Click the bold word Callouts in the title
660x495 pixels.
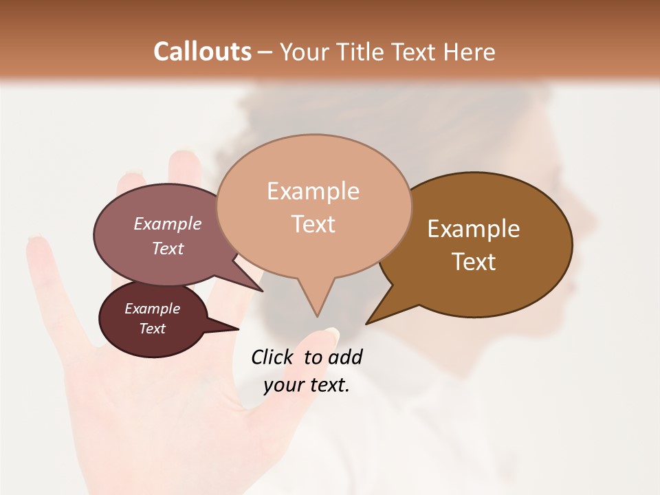202,52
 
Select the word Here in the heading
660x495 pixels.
470,52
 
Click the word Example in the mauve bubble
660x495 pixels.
168,223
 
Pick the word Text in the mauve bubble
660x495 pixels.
168,248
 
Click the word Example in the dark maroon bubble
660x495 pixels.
153,309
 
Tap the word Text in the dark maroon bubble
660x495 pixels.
153,329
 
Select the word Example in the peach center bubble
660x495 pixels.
313,191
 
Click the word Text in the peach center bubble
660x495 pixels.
313,223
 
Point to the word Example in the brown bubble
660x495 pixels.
474,229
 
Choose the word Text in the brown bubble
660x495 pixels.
474,261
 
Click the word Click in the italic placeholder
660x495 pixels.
272,357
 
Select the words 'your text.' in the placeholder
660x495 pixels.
307,385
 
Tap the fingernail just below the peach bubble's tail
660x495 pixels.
331,335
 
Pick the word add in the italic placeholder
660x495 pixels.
345,357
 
